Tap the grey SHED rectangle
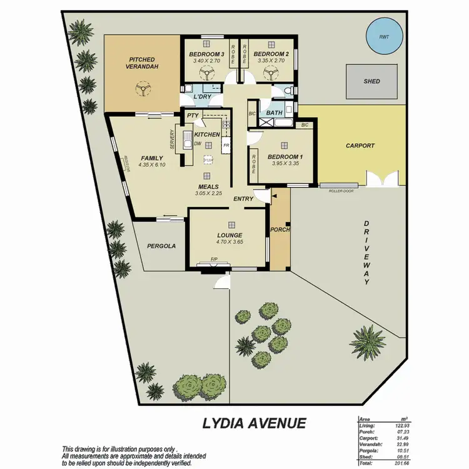pyautogui.click(x=371, y=81)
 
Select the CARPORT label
pyautogui.click(x=360, y=146)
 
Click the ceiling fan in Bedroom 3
pyautogui.click(x=207, y=74)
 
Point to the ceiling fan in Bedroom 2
pyautogui.click(x=270, y=74)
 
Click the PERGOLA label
pyautogui.click(x=161, y=246)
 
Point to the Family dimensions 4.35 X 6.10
pyautogui.click(x=151, y=165)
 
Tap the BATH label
pyautogui.click(x=275, y=113)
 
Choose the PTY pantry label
pyautogui.click(x=192, y=116)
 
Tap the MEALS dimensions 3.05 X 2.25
pyautogui.click(x=208, y=193)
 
